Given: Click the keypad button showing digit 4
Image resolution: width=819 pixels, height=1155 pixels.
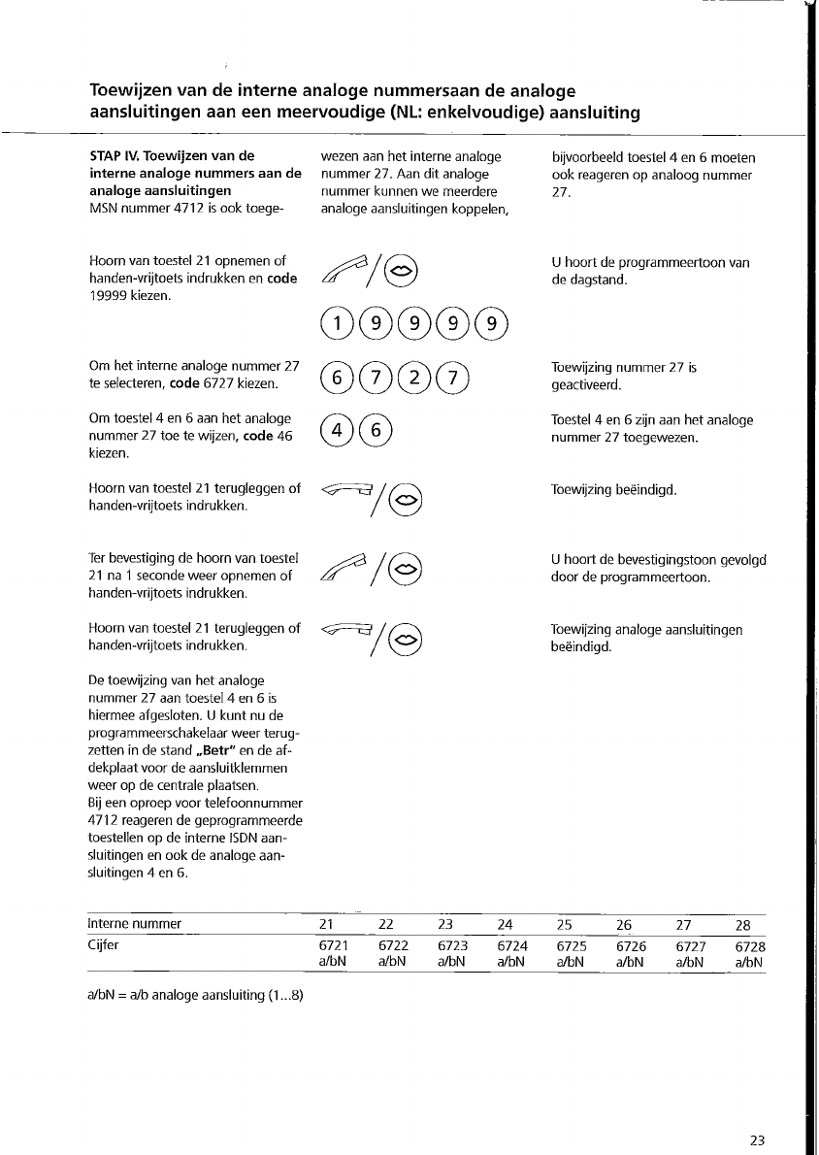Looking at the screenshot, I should tap(335, 429).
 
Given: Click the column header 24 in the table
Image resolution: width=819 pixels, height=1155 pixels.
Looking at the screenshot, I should tap(505, 924).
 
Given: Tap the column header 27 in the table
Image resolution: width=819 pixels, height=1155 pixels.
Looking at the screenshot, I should tap(683, 924).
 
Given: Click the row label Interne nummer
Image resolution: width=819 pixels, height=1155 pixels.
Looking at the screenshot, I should tap(135, 923).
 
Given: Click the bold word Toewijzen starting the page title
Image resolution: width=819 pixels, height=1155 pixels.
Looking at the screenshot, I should tap(132, 91).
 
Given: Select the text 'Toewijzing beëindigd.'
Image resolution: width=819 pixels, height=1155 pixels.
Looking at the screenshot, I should tap(613, 490).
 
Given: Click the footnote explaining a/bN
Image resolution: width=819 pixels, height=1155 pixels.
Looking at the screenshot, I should tap(196, 994).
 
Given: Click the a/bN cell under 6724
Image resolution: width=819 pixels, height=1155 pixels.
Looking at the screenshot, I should tap(511, 962).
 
